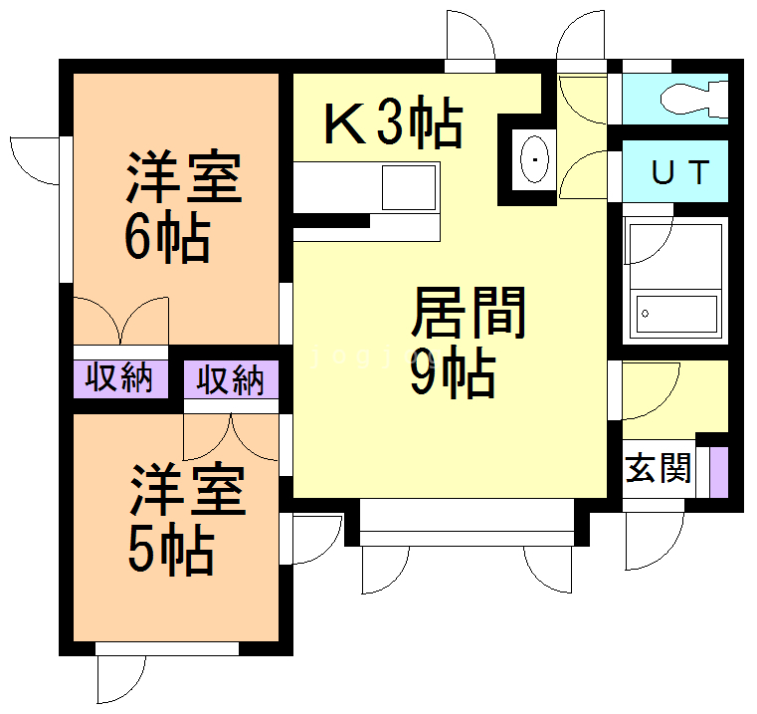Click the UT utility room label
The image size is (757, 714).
[x=681, y=172]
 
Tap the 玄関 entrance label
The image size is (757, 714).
[x=658, y=467]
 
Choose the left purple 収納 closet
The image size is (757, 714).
[x=117, y=378]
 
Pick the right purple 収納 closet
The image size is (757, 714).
[x=230, y=379]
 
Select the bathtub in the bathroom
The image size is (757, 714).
[x=676, y=313]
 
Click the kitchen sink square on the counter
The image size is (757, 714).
[x=409, y=187]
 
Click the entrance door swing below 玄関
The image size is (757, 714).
[x=654, y=543]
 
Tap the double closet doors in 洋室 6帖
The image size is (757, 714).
[x=121, y=320]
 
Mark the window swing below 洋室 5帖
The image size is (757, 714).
[x=120, y=680]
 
